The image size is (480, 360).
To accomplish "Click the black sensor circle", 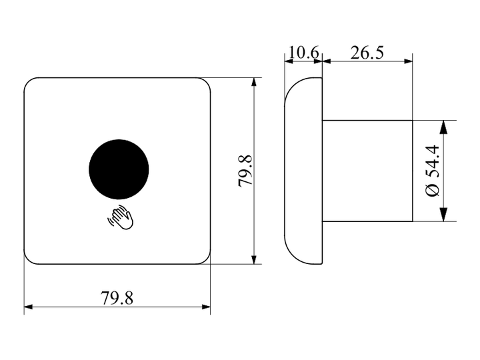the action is [x=119, y=169].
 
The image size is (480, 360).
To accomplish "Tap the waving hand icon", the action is [x=121, y=217].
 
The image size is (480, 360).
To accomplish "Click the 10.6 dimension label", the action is [x=303, y=53].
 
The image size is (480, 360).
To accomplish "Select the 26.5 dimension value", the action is [x=367, y=53].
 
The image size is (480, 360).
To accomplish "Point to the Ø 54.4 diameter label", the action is [x=433, y=171].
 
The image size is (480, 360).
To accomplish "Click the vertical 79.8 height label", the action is [x=245, y=171].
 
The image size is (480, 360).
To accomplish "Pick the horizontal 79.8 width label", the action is [x=117, y=298].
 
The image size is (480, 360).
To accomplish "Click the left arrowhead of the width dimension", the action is [x=28, y=307].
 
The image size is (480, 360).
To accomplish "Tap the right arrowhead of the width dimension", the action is [x=206, y=307].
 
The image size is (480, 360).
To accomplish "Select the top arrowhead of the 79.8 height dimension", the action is [x=253, y=82].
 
